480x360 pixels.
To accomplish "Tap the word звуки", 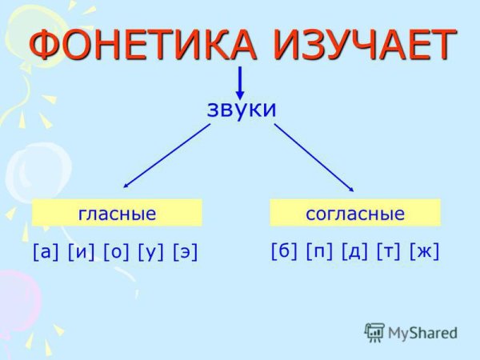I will [x=241, y=108].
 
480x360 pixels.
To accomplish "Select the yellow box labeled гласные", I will [x=117, y=214].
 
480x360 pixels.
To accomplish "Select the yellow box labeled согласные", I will [x=355, y=214].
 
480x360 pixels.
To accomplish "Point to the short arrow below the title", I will [x=240, y=83].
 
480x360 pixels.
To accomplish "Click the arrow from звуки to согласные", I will [x=314, y=155].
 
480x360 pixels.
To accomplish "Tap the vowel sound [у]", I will [x=151, y=252].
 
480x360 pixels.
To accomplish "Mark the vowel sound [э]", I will [x=185, y=252].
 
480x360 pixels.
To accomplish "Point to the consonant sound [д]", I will [x=354, y=251].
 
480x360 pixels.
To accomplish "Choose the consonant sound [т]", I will [x=388, y=251].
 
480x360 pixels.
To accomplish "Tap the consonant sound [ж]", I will [x=424, y=251].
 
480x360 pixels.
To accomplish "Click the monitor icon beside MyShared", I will [x=374, y=332].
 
